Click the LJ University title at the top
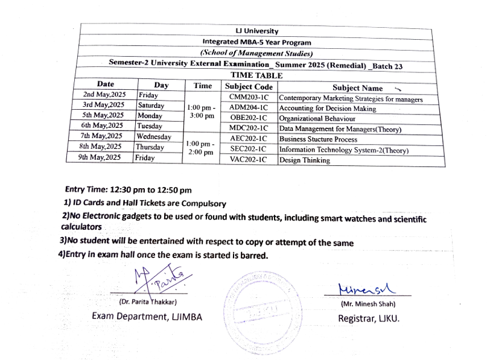256,31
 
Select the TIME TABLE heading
256,76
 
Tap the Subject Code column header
248,87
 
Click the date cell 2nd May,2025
104,95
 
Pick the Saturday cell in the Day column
151,106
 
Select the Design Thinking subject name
305,160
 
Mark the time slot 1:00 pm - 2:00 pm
200,148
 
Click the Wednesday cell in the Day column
154,136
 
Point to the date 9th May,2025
100,157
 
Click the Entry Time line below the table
128,190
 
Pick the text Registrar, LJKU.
368,318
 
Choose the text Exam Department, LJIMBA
147,317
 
